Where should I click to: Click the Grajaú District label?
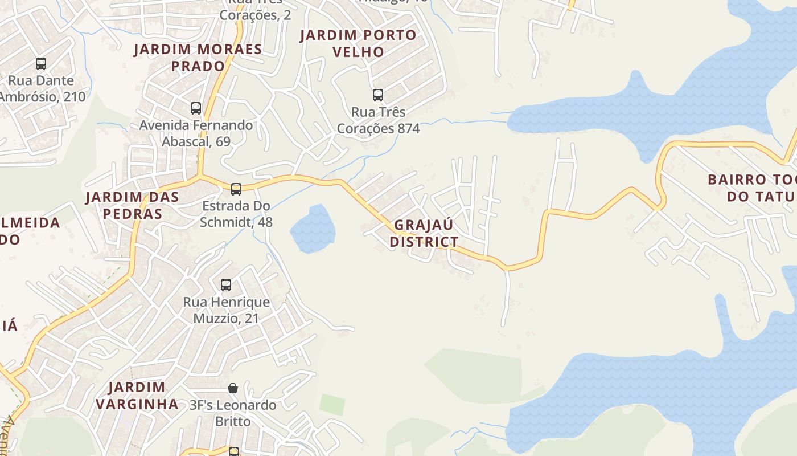[424, 233]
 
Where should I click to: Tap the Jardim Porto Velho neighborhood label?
[358, 43]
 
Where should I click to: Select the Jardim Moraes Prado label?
[198, 58]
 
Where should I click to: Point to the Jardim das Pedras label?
[132, 205]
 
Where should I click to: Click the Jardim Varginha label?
[137, 396]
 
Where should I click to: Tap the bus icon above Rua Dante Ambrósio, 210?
[41, 64]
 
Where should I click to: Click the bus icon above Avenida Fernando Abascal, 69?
[196, 108]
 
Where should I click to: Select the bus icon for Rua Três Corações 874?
[378, 95]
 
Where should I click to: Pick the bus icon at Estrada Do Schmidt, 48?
[236, 189]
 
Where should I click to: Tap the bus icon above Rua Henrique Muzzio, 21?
[226, 284]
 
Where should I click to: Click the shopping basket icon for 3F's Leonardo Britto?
[233, 388]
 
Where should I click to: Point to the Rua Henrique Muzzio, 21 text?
[226, 310]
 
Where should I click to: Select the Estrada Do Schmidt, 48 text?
[236, 214]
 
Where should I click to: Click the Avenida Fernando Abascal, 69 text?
[196, 133]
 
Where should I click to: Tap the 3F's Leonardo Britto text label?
[233, 413]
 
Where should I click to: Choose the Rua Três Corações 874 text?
[378, 120]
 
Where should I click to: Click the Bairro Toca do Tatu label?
[751, 188]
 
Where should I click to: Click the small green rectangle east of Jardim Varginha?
[332, 405]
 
